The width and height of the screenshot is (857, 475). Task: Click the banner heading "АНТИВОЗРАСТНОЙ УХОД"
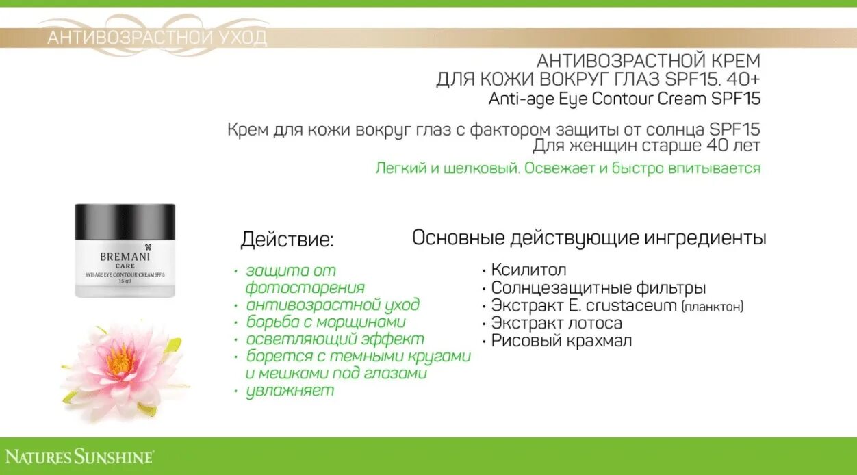(x=157, y=38)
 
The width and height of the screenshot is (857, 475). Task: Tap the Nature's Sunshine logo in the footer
(x=79, y=457)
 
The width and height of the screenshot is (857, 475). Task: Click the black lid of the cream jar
(x=125, y=221)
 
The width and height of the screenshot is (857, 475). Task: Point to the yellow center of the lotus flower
(x=120, y=359)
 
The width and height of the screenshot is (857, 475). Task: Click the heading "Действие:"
(x=287, y=240)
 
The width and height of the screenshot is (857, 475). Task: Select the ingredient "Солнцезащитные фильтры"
(x=598, y=288)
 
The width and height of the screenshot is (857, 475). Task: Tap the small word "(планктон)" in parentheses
(x=712, y=307)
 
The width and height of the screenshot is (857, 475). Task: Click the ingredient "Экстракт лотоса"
(x=556, y=323)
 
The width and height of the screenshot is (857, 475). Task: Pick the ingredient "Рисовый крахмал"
(x=561, y=341)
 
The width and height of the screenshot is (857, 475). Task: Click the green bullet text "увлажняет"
(x=290, y=391)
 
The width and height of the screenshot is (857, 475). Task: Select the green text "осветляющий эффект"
(x=335, y=339)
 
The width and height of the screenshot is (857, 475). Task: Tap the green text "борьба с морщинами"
(x=326, y=322)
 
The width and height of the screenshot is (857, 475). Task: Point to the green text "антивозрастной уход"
(x=333, y=305)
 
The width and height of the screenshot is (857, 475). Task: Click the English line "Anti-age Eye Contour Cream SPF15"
(x=624, y=99)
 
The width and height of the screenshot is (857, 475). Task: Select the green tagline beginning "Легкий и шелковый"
(x=567, y=168)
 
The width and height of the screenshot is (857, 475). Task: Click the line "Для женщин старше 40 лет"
(x=646, y=146)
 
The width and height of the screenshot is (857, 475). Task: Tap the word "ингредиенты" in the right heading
(x=705, y=238)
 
